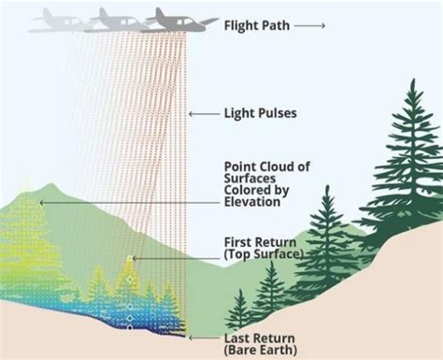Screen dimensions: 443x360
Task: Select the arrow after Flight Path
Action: tap(310, 25)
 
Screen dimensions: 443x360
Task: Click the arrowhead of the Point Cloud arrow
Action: tap(40, 201)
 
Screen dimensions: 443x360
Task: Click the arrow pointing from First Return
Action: tap(178, 247)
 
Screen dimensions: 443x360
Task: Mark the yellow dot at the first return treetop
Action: tap(132, 259)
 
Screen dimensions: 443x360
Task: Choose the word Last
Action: tap(236, 338)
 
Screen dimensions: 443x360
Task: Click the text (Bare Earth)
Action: tap(261, 350)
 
